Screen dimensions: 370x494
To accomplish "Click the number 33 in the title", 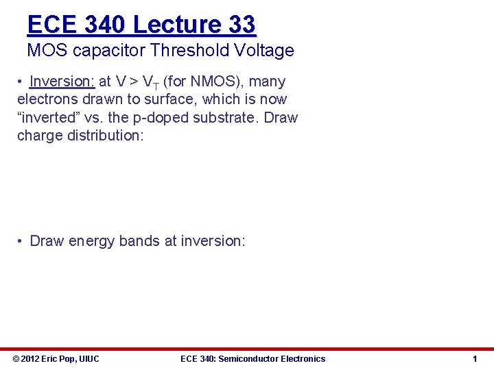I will [241, 25].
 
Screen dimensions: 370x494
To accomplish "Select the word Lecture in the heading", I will [176, 25].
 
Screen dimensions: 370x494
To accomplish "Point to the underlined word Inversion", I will [62, 82].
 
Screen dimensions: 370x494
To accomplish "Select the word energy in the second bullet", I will [92, 241].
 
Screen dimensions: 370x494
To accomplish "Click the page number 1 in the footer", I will [474, 358].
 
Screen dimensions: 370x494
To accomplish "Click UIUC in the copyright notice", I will [89, 358].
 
